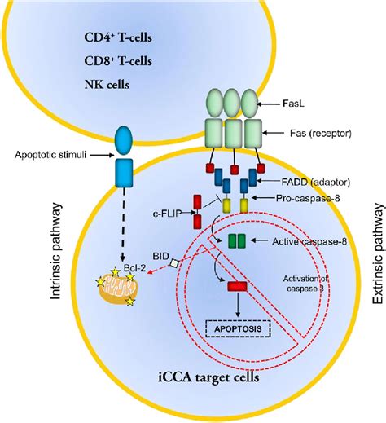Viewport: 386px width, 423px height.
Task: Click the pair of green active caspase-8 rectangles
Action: tap(237, 241)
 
